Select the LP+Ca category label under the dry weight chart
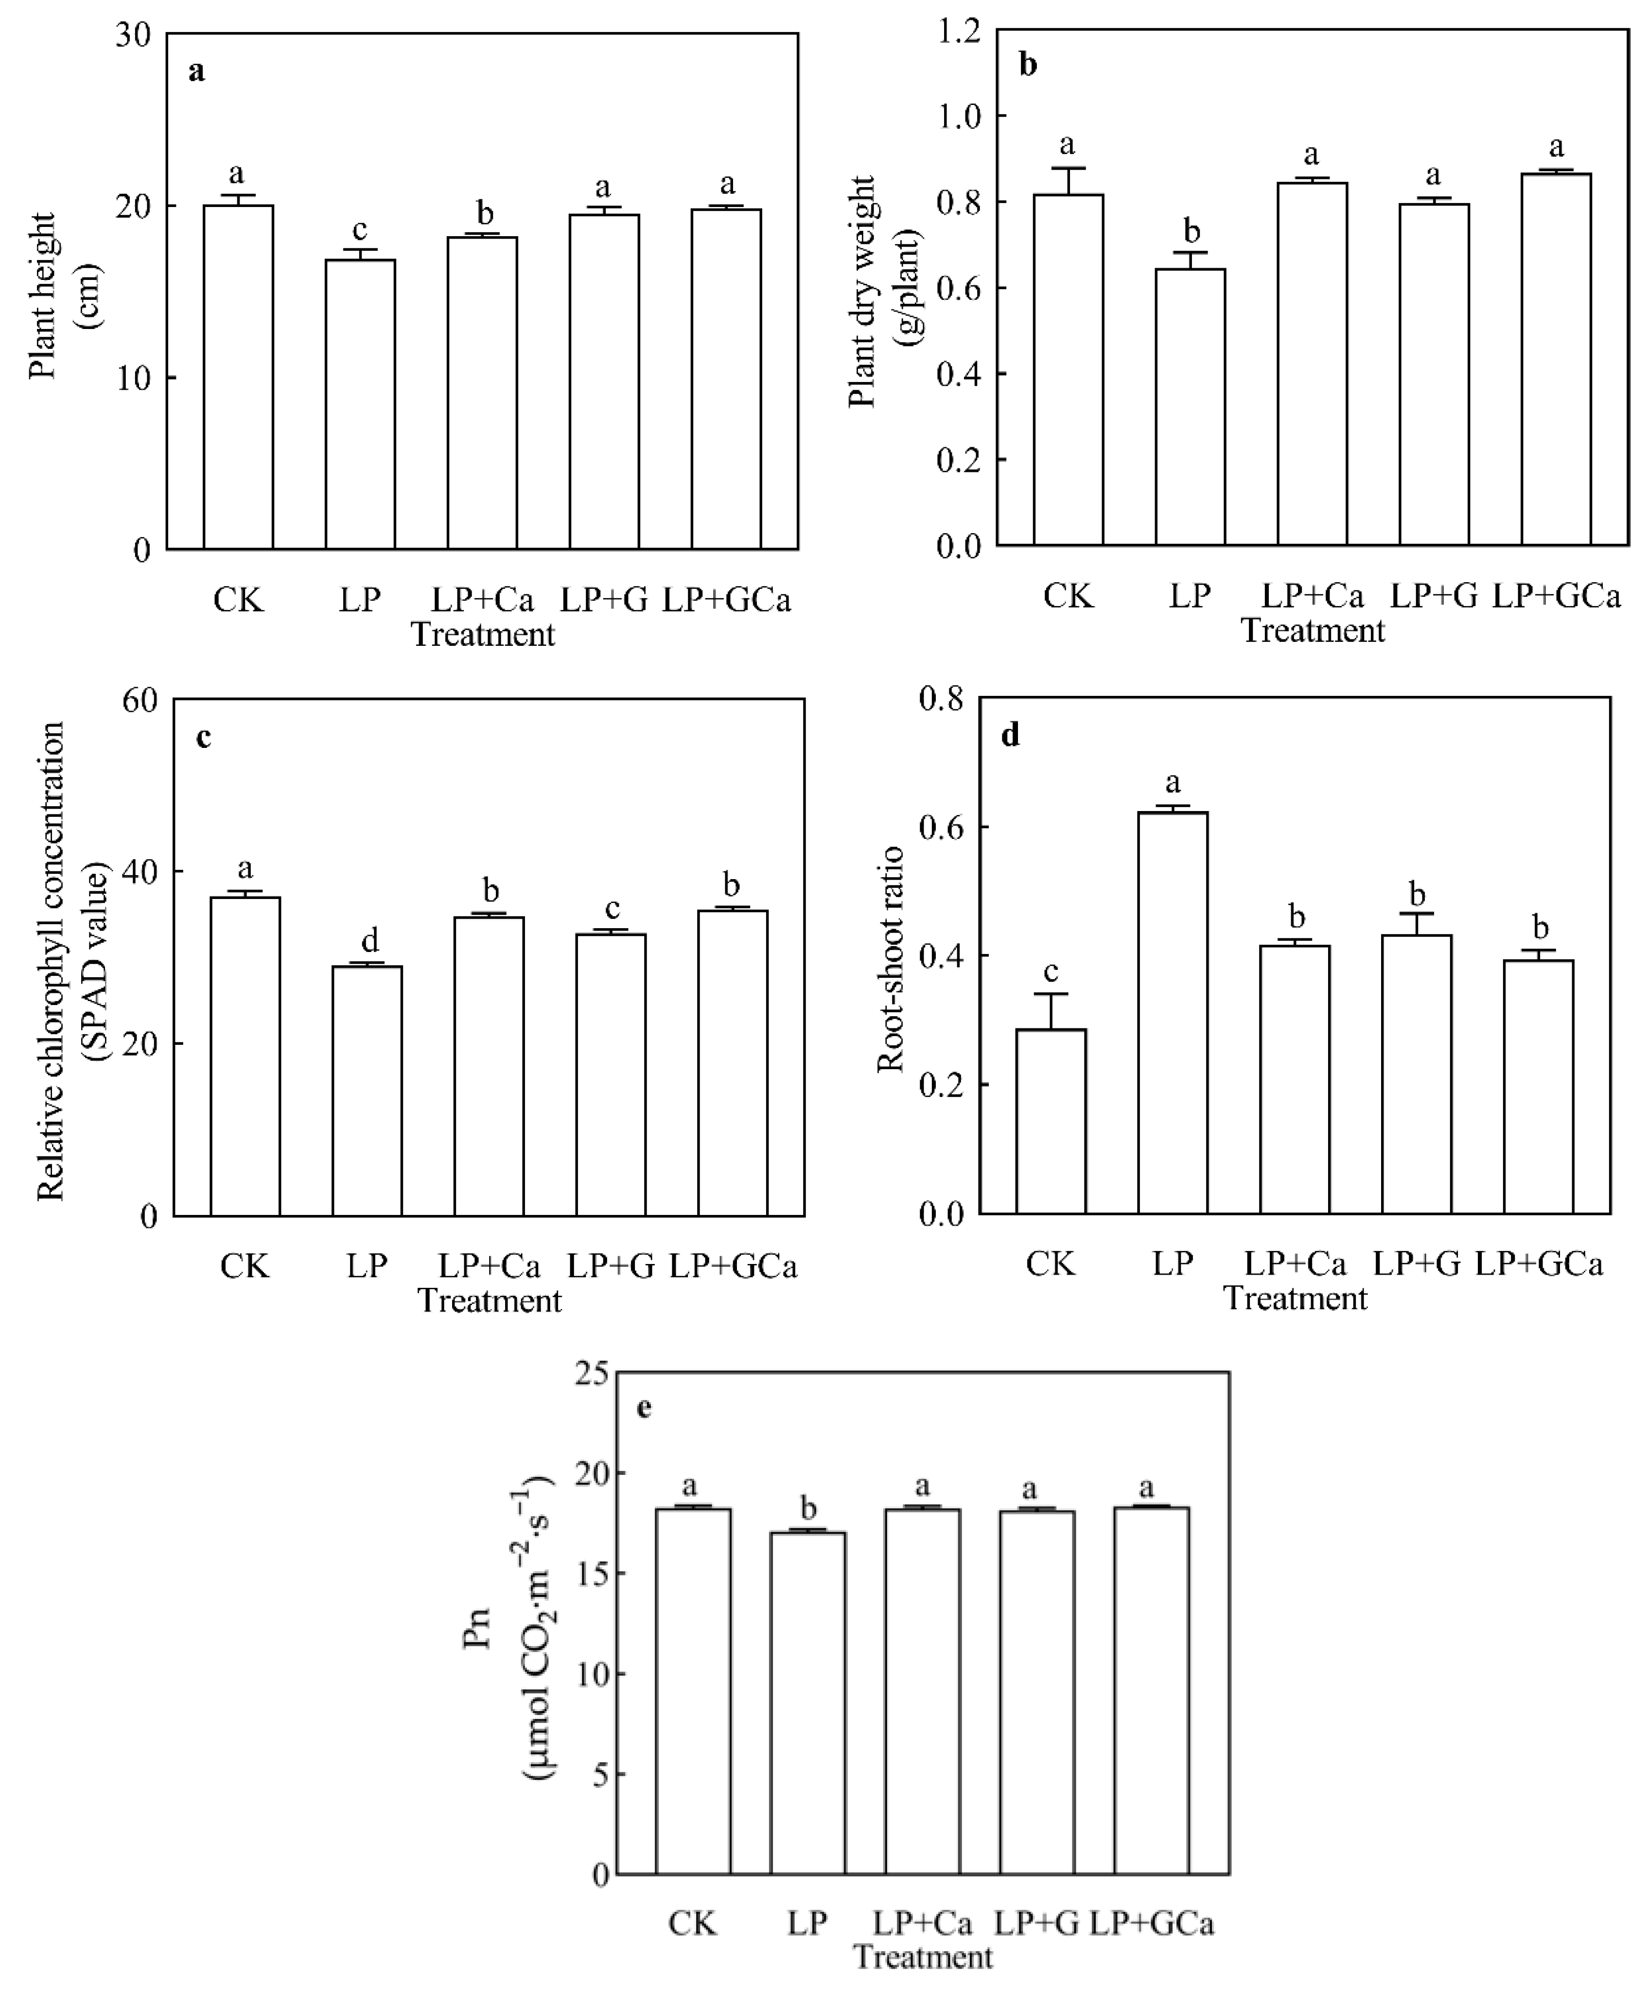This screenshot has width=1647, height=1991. [1312, 596]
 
